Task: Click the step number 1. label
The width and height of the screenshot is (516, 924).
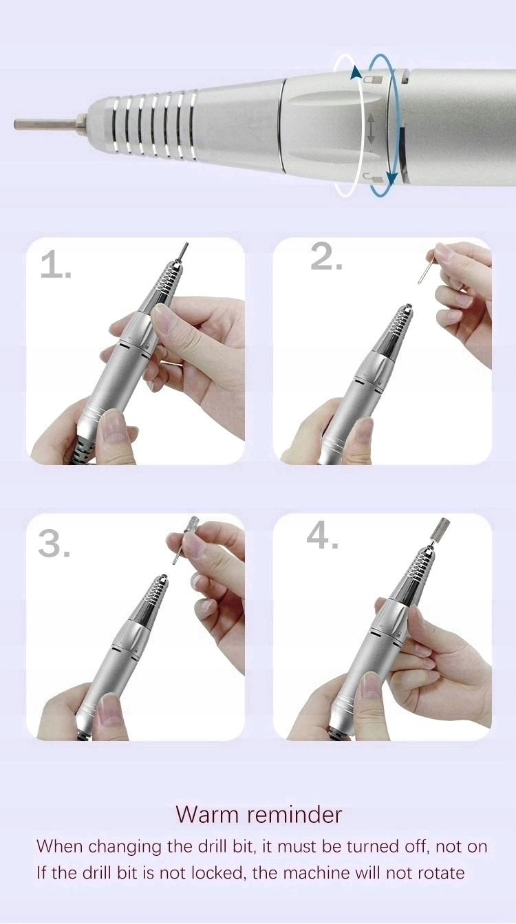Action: [x=56, y=266]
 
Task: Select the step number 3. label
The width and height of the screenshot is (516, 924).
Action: [x=54, y=544]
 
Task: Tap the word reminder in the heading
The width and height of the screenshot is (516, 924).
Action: [x=295, y=815]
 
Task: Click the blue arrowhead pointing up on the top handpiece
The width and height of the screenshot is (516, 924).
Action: [x=356, y=73]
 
